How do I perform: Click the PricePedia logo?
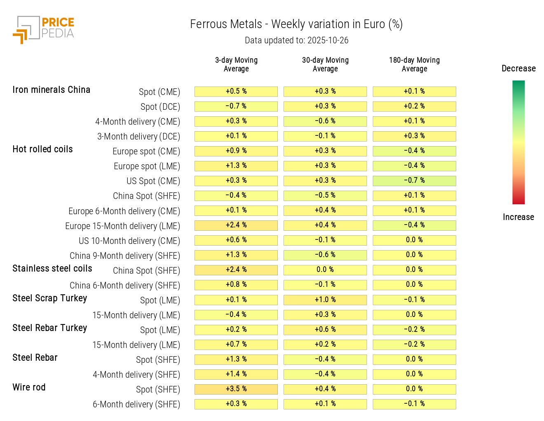(x=43, y=29)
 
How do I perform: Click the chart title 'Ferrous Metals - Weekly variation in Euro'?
(x=296, y=24)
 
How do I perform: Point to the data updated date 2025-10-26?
(x=328, y=40)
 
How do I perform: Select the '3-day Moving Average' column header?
(x=236, y=64)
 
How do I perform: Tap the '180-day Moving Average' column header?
(x=414, y=64)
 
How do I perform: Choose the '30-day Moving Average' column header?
(x=325, y=64)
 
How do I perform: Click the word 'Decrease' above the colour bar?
(x=518, y=69)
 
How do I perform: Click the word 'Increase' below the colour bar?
(x=518, y=217)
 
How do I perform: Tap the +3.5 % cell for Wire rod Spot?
(x=236, y=389)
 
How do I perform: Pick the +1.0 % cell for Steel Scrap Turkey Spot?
(x=325, y=300)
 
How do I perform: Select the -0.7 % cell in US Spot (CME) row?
(x=414, y=181)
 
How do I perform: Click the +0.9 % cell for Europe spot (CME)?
(x=236, y=151)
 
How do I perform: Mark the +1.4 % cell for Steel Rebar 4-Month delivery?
(x=236, y=374)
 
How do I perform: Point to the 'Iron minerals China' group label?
(x=51, y=90)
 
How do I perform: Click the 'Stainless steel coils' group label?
(x=52, y=269)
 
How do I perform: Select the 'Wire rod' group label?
(x=29, y=388)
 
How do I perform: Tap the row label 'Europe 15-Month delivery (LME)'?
(x=122, y=226)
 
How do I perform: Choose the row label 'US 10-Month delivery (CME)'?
(x=129, y=241)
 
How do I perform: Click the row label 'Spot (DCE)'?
(x=160, y=107)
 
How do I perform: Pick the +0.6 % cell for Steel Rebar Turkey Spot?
(x=325, y=329)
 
